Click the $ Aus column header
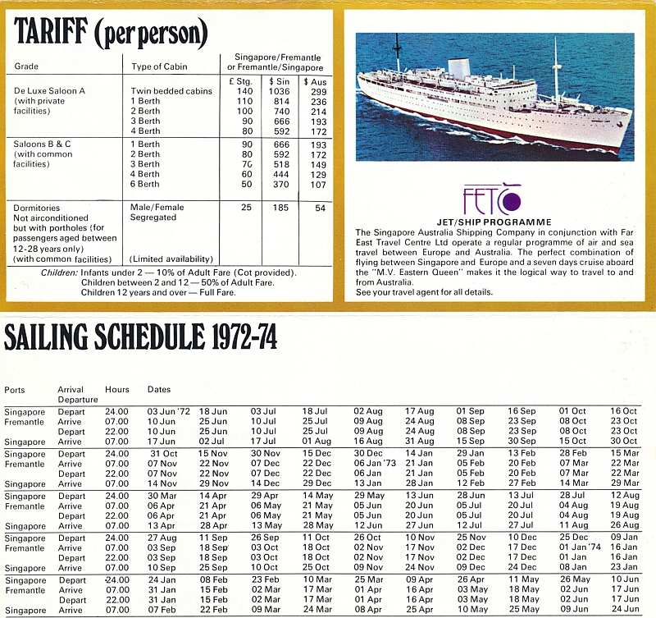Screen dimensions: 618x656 coord(316,82)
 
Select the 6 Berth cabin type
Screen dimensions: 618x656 coord(145,184)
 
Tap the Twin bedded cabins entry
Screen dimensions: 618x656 coord(171,90)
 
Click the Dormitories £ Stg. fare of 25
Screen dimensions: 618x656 coord(245,208)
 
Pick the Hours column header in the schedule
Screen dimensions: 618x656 coord(117,388)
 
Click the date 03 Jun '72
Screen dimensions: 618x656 coord(167,410)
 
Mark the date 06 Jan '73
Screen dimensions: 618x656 coord(375,463)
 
